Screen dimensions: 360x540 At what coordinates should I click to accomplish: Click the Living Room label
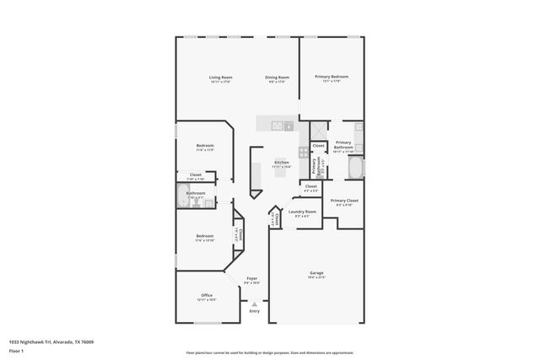(221, 78)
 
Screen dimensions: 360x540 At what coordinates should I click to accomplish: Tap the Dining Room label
(277, 78)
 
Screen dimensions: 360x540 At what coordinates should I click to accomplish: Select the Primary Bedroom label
(332, 77)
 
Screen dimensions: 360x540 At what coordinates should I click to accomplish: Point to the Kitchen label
(282, 162)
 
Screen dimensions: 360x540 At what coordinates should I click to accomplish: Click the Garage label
(316, 273)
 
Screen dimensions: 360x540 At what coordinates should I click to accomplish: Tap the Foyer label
(251, 277)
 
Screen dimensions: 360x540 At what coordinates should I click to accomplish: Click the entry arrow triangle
(254, 304)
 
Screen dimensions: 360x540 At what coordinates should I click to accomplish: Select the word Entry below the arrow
(254, 312)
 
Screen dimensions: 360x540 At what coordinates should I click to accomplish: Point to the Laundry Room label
(302, 212)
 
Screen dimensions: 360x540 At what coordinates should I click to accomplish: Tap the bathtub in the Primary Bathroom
(358, 169)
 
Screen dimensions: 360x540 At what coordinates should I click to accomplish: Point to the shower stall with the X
(319, 131)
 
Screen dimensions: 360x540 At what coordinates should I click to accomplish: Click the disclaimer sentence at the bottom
(270, 352)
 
